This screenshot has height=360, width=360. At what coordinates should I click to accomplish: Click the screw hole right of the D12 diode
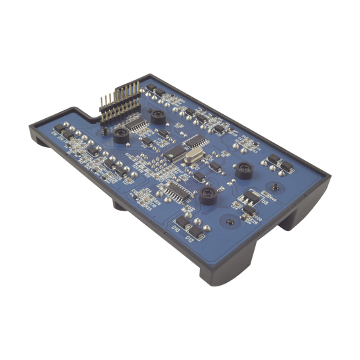pyautogui.click(x=230, y=220)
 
